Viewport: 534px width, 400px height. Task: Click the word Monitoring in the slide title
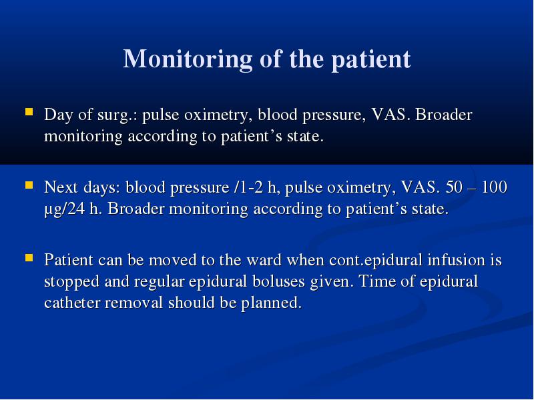(188, 59)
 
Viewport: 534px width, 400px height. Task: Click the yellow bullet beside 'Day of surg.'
(29, 112)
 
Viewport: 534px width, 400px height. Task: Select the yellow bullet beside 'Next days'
(29, 185)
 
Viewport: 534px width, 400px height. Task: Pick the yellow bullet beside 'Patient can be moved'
(29, 258)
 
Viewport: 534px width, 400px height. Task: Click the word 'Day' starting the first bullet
(59, 115)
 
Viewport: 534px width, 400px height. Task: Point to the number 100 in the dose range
(495, 187)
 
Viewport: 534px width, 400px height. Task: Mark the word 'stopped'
(71, 282)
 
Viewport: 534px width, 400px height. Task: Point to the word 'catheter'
(72, 303)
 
